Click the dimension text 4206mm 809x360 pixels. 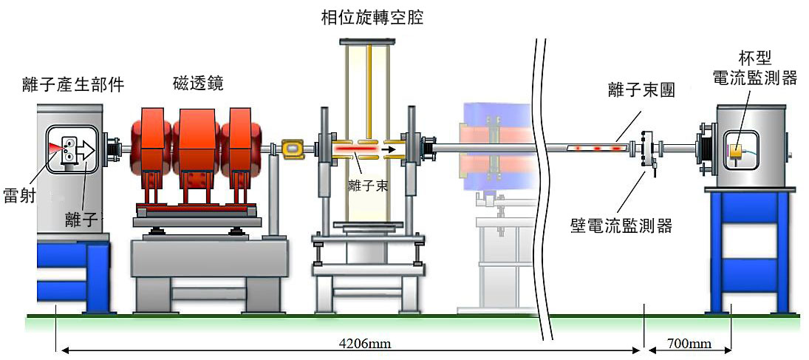[365, 344]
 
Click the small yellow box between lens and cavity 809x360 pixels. [293, 149]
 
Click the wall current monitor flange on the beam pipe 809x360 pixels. [649, 150]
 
